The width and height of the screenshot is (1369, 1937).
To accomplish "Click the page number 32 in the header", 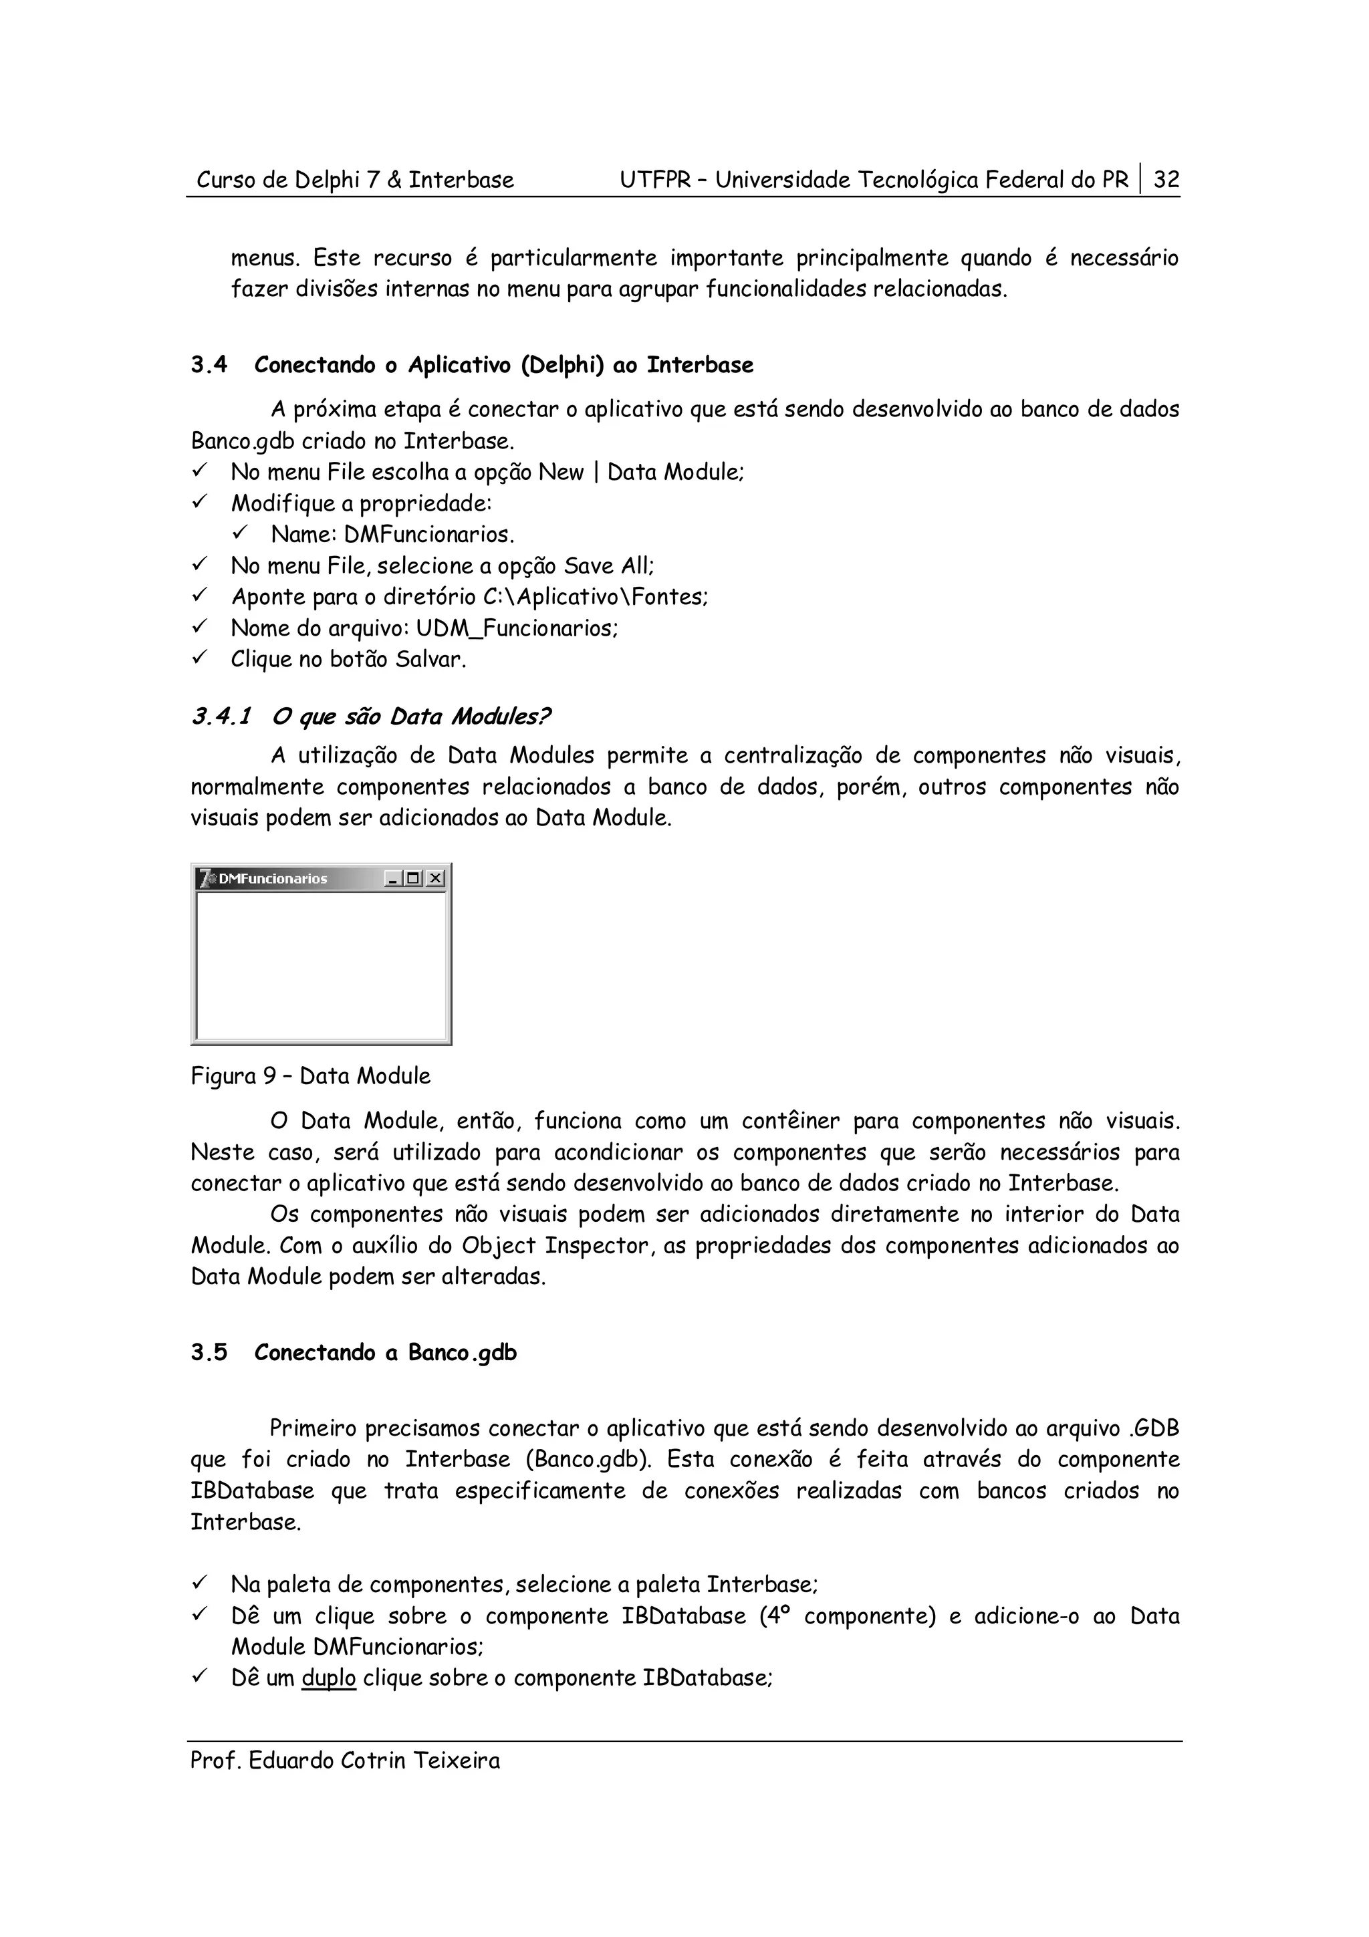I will click(x=1166, y=180).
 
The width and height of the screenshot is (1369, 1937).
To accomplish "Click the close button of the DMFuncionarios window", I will click(x=434, y=878).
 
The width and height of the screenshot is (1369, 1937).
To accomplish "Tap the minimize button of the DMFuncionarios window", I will click(x=392, y=878).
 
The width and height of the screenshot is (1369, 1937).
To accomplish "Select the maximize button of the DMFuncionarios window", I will click(x=413, y=878).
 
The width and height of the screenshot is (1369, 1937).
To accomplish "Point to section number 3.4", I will click(x=209, y=366).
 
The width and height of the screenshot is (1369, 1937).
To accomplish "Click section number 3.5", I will click(x=209, y=1352).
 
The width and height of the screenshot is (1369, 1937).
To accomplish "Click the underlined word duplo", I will click(x=328, y=1678).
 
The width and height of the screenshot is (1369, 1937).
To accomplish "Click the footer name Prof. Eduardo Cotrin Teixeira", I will click(x=344, y=1761).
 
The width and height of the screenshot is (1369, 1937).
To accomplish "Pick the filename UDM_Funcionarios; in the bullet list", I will click(x=516, y=628).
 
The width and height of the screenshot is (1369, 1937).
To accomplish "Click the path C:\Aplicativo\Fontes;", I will click(x=596, y=598).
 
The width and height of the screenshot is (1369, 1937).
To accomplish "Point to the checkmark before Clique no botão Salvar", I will click(x=199, y=658).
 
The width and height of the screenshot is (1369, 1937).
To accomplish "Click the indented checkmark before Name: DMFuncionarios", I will click(x=239, y=534).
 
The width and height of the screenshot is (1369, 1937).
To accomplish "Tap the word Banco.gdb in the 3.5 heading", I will click(x=462, y=1352).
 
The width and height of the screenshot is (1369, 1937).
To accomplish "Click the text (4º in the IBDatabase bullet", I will click(x=773, y=1616).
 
